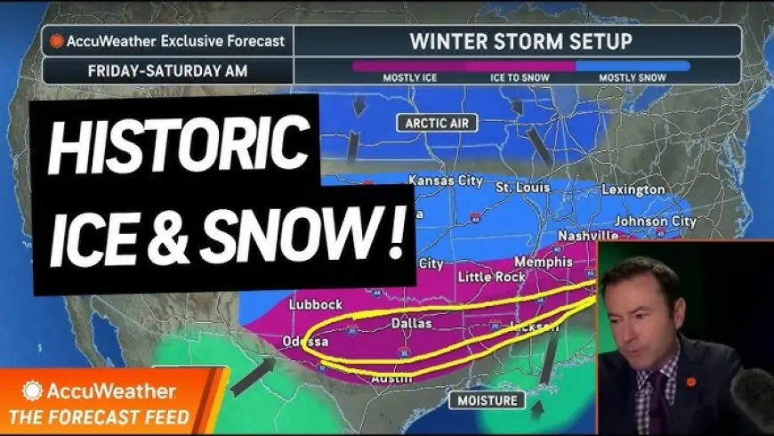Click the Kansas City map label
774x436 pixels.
click(445, 181)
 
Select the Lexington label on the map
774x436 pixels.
click(633, 190)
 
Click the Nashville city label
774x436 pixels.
click(588, 235)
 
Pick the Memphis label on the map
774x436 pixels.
click(544, 262)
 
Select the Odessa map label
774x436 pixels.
click(305, 342)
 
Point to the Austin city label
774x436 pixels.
click(391, 380)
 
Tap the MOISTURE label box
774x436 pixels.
click(488, 400)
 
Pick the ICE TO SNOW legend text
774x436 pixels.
click(520, 77)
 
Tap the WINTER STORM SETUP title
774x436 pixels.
click(520, 41)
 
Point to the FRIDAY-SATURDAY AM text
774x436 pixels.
click(166, 69)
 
